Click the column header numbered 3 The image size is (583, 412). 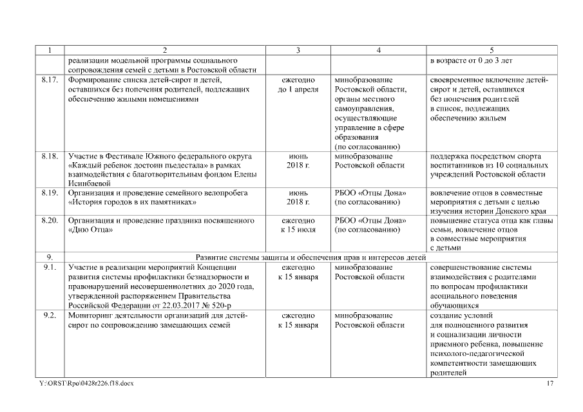tap(298, 50)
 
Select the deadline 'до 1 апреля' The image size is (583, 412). tap(298, 89)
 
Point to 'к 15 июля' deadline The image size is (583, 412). tap(298, 230)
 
